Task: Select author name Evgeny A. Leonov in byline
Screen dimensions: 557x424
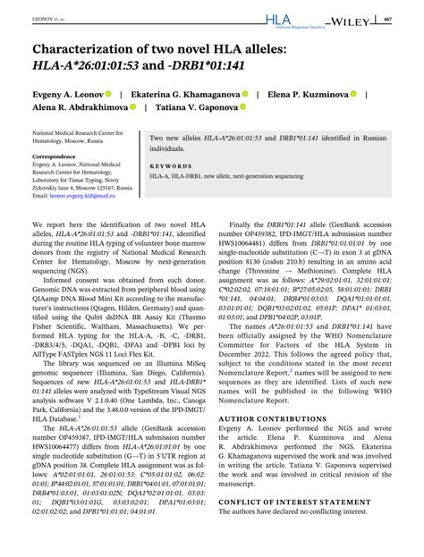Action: [x=64, y=94]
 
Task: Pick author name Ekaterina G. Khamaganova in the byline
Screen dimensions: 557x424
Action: [x=190, y=94]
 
